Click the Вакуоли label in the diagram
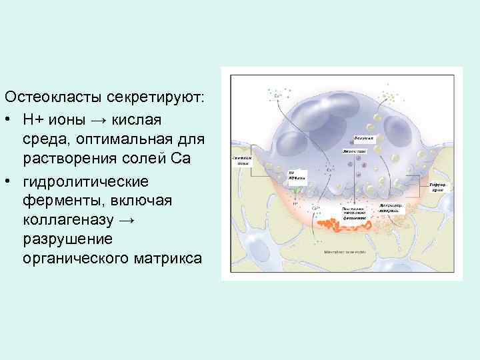click(364, 137)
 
